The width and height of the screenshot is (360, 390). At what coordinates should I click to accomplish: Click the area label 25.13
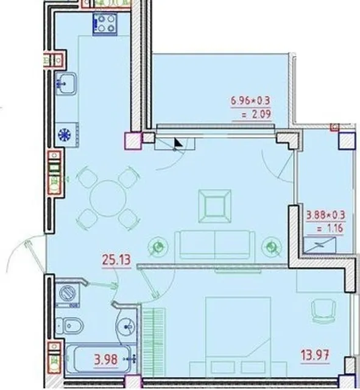pyautogui.click(x=116, y=260)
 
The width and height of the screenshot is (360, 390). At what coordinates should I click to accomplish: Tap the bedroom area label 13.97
pyautogui.click(x=315, y=355)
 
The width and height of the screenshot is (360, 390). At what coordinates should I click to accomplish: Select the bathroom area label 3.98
pyautogui.click(x=106, y=360)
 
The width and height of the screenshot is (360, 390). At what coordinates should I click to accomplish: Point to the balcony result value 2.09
pyautogui.click(x=256, y=115)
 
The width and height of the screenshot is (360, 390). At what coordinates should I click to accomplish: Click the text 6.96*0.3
pyautogui.click(x=250, y=101)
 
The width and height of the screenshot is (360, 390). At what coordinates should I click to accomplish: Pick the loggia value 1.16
pyautogui.click(x=330, y=228)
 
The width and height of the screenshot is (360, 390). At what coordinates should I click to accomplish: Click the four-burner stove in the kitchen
pyautogui.click(x=105, y=24)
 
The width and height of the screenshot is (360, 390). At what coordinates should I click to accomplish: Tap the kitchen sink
pyautogui.click(x=66, y=83)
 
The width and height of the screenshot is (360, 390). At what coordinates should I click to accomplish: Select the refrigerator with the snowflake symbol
pyautogui.click(x=66, y=135)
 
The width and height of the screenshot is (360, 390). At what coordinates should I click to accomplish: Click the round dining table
pyautogui.click(x=108, y=198)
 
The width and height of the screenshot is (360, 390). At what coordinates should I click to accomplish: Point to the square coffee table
pyautogui.click(x=214, y=206)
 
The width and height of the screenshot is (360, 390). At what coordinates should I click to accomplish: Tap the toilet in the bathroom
pyautogui.click(x=69, y=325)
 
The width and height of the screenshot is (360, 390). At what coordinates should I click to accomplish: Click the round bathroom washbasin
pyautogui.click(x=125, y=326)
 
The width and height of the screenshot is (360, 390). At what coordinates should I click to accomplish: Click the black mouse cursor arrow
pyautogui.click(x=178, y=143)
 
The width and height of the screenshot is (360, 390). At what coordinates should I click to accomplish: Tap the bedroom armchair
pyautogui.click(x=323, y=311)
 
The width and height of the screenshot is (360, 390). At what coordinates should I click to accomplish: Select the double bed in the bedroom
pyautogui.click(x=238, y=336)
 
